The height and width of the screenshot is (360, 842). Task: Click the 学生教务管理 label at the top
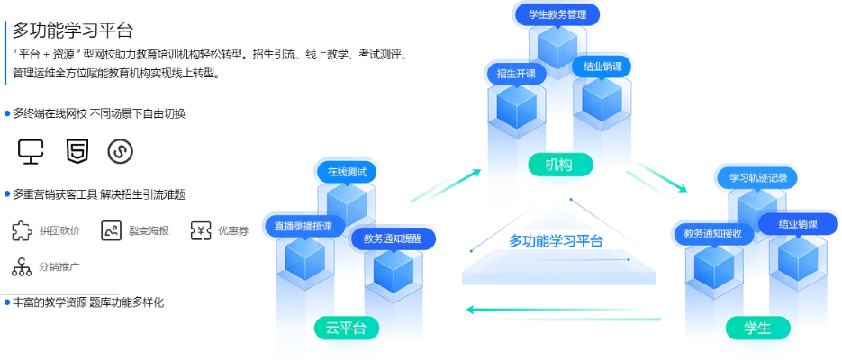click(x=557, y=14)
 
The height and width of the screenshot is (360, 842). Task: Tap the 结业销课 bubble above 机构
click(x=603, y=67)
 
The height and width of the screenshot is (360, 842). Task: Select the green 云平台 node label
click(x=346, y=328)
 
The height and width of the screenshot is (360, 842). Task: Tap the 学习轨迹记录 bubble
click(x=758, y=178)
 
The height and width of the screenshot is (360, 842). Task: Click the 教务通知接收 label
click(x=711, y=234)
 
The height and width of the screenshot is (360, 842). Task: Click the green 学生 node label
click(x=759, y=328)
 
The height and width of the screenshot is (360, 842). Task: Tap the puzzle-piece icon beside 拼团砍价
click(x=21, y=231)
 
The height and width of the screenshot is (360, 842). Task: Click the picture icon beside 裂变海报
click(x=111, y=231)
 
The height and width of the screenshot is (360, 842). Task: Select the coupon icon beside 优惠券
click(x=200, y=231)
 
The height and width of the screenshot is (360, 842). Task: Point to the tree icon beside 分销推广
click(x=21, y=267)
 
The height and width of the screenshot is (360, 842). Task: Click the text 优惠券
click(x=233, y=231)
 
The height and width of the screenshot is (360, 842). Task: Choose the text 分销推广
click(x=59, y=267)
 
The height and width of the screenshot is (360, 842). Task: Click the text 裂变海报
click(x=149, y=231)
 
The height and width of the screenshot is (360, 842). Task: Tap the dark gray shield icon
click(x=118, y=152)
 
